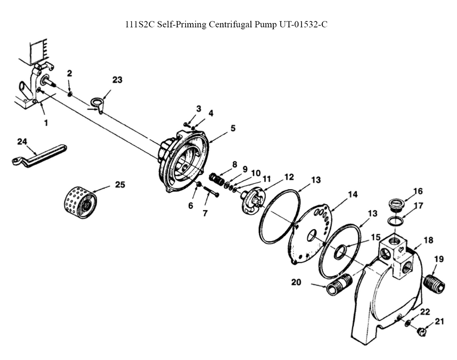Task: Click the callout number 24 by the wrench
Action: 22,142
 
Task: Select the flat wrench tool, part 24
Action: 39,156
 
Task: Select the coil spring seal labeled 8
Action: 217,179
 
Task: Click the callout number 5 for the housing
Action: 233,128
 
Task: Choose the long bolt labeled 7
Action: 211,191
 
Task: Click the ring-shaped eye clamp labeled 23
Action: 97,103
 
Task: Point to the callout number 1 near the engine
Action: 46,123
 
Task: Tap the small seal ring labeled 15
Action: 340,252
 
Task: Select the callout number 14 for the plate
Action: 353,194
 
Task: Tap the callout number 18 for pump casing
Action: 428,240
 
